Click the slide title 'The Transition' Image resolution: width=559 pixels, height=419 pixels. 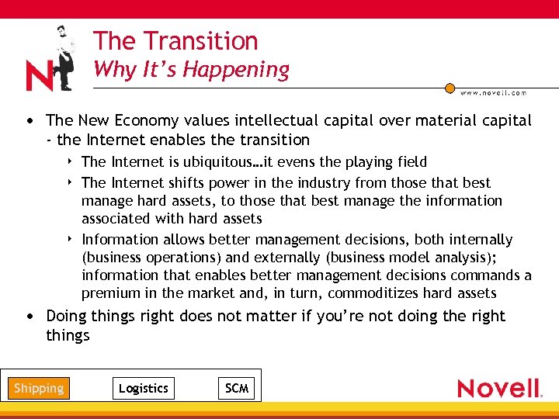pyautogui.click(x=175, y=40)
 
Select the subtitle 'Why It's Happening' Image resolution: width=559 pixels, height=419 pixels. pyautogui.click(x=191, y=69)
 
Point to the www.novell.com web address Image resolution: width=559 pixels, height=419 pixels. pyautogui.click(x=494, y=92)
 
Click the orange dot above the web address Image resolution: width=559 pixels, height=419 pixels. pyautogui.click(x=450, y=88)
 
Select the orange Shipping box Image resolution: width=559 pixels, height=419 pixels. pyautogui.click(x=39, y=388)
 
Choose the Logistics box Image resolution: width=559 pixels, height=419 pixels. pyautogui.click(x=143, y=388)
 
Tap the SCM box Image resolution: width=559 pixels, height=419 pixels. pyautogui.click(x=237, y=388)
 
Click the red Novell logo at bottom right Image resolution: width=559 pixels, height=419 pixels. pyautogui.click(x=498, y=388)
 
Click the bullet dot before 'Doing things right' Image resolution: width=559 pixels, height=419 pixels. pyautogui.click(x=29, y=317)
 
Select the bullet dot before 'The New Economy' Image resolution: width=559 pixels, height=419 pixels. pyautogui.click(x=29, y=121)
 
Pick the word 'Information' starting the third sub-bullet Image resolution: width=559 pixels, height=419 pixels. pyautogui.click(x=120, y=240)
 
